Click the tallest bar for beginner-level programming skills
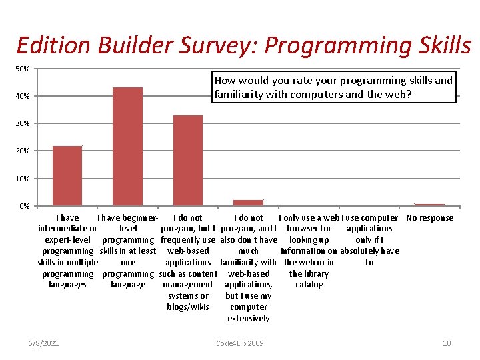click(127, 146)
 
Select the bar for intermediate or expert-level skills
click(67, 175)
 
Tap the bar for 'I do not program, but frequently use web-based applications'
click(188, 160)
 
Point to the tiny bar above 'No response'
click(429, 205)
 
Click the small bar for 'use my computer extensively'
click(248, 202)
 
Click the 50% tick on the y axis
click(23, 69)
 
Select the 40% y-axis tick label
click(23, 97)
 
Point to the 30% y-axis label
click(23, 124)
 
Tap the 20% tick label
click(23, 151)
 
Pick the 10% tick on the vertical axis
click(23, 179)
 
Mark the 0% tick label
click(24, 206)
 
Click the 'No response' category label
click(429, 218)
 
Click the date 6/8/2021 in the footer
click(44, 343)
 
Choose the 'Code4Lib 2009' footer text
click(240, 343)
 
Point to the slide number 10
click(447, 343)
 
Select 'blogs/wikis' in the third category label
click(188, 307)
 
